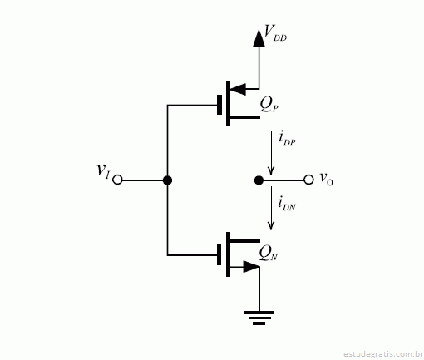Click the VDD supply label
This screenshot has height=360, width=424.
tap(275, 32)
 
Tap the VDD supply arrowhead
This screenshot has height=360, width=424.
tap(259, 38)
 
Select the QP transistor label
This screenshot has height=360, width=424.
tap(269, 105)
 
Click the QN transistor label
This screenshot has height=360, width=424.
tap(268, 254)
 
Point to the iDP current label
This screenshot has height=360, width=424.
tap(287, 138)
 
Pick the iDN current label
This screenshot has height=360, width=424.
tap(287, 204)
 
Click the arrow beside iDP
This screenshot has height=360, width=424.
tap(271, 153)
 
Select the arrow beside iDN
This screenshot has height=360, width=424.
tap(271, 208)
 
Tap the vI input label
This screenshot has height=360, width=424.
tap(103, 170)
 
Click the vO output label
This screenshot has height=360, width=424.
tap(326, 179)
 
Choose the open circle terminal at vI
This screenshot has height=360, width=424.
tap(117, 180)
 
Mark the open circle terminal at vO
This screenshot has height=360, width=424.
tap(308, 180)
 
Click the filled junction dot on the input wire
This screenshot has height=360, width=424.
tap(167, 180)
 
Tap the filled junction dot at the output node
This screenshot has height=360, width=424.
tap(259, 180)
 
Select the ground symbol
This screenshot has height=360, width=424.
tap(259, 318)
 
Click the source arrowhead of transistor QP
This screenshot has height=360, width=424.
tap(238, 89)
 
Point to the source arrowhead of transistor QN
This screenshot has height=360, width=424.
tap(251, 267)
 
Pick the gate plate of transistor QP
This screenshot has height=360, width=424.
tap(219, 105)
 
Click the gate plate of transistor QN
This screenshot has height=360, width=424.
tap(219, 254)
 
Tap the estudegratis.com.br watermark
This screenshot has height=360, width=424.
tap(382, 354)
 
